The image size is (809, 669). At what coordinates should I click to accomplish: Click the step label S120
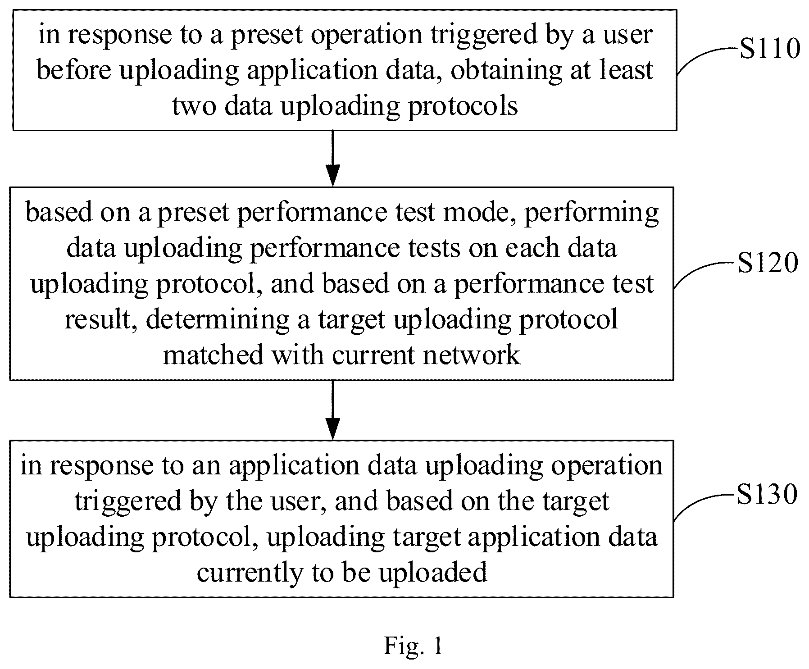pyautogui.click(x=768, y=263)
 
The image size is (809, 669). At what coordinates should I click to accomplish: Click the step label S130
pyautogui.click(x=767, y=494)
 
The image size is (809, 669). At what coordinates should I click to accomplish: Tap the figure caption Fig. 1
pyautogui.click(x=414, y=646)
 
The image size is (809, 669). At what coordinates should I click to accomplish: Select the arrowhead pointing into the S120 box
pyautogui.click(x=332, y=176)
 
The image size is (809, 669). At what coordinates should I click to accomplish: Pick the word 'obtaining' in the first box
pyautogui.click(x=507, y=71)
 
